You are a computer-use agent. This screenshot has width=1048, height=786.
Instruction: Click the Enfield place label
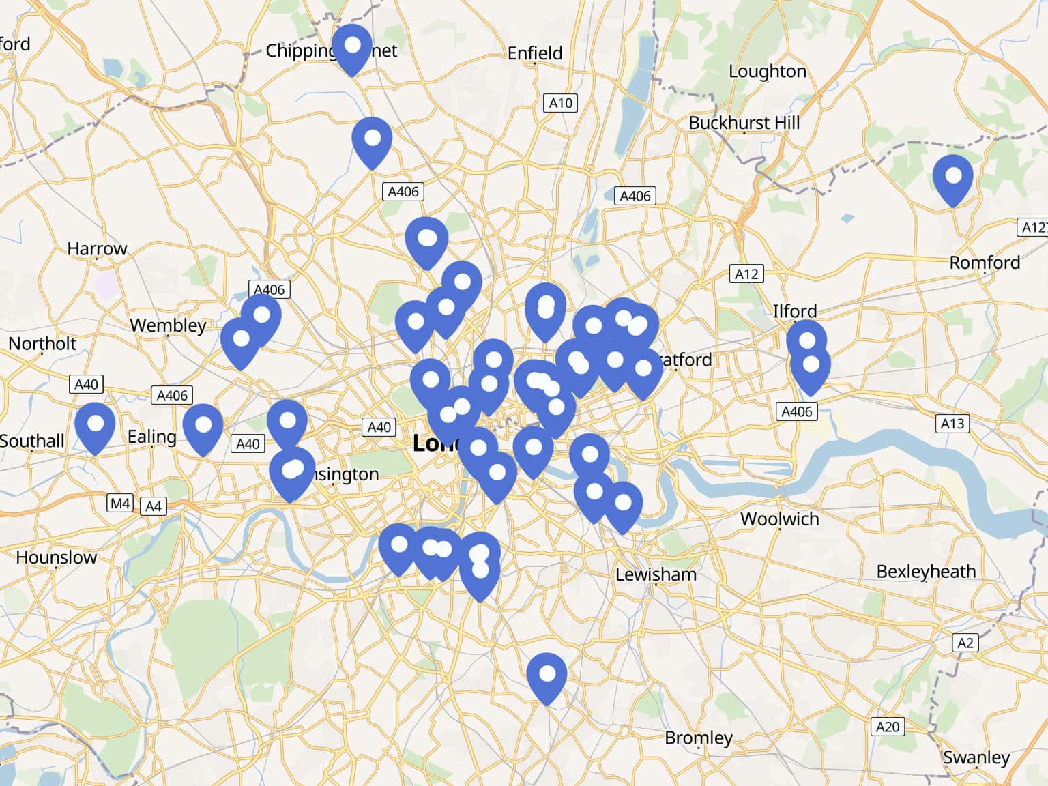point(535,53)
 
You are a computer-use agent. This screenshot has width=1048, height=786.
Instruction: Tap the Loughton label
point(767,71)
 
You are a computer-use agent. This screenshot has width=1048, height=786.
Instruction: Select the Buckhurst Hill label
point(744,123)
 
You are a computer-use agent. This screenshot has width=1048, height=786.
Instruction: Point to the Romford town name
point(985,263)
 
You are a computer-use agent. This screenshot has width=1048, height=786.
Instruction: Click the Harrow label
point(97,248)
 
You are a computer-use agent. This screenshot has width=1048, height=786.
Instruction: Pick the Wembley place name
point(168,325)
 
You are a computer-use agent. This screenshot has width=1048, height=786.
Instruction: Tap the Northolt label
point(42,343)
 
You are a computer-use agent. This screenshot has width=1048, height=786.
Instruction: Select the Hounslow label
point(56,557)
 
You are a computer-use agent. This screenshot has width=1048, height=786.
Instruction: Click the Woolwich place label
point(779,519)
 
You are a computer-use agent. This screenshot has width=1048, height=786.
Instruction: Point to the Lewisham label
point(656,574)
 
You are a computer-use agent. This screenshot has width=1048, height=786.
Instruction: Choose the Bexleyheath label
point(926,571)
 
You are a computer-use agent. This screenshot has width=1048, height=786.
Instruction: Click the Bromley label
point(698,738)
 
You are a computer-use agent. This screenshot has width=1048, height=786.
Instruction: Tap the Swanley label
point(976,757)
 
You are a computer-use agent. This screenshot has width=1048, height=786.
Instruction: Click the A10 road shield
point(561,103)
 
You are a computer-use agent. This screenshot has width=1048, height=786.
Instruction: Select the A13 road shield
point(952,424)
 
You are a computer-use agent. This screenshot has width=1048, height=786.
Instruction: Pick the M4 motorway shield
point(120,504)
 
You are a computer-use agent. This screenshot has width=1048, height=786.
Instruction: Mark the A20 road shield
point(888,727)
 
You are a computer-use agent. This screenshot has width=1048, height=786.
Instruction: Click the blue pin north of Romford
point(952,179)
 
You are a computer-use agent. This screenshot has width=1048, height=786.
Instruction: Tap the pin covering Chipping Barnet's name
point(352,48)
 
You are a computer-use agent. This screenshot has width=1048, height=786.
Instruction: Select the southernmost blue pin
point(547,677)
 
